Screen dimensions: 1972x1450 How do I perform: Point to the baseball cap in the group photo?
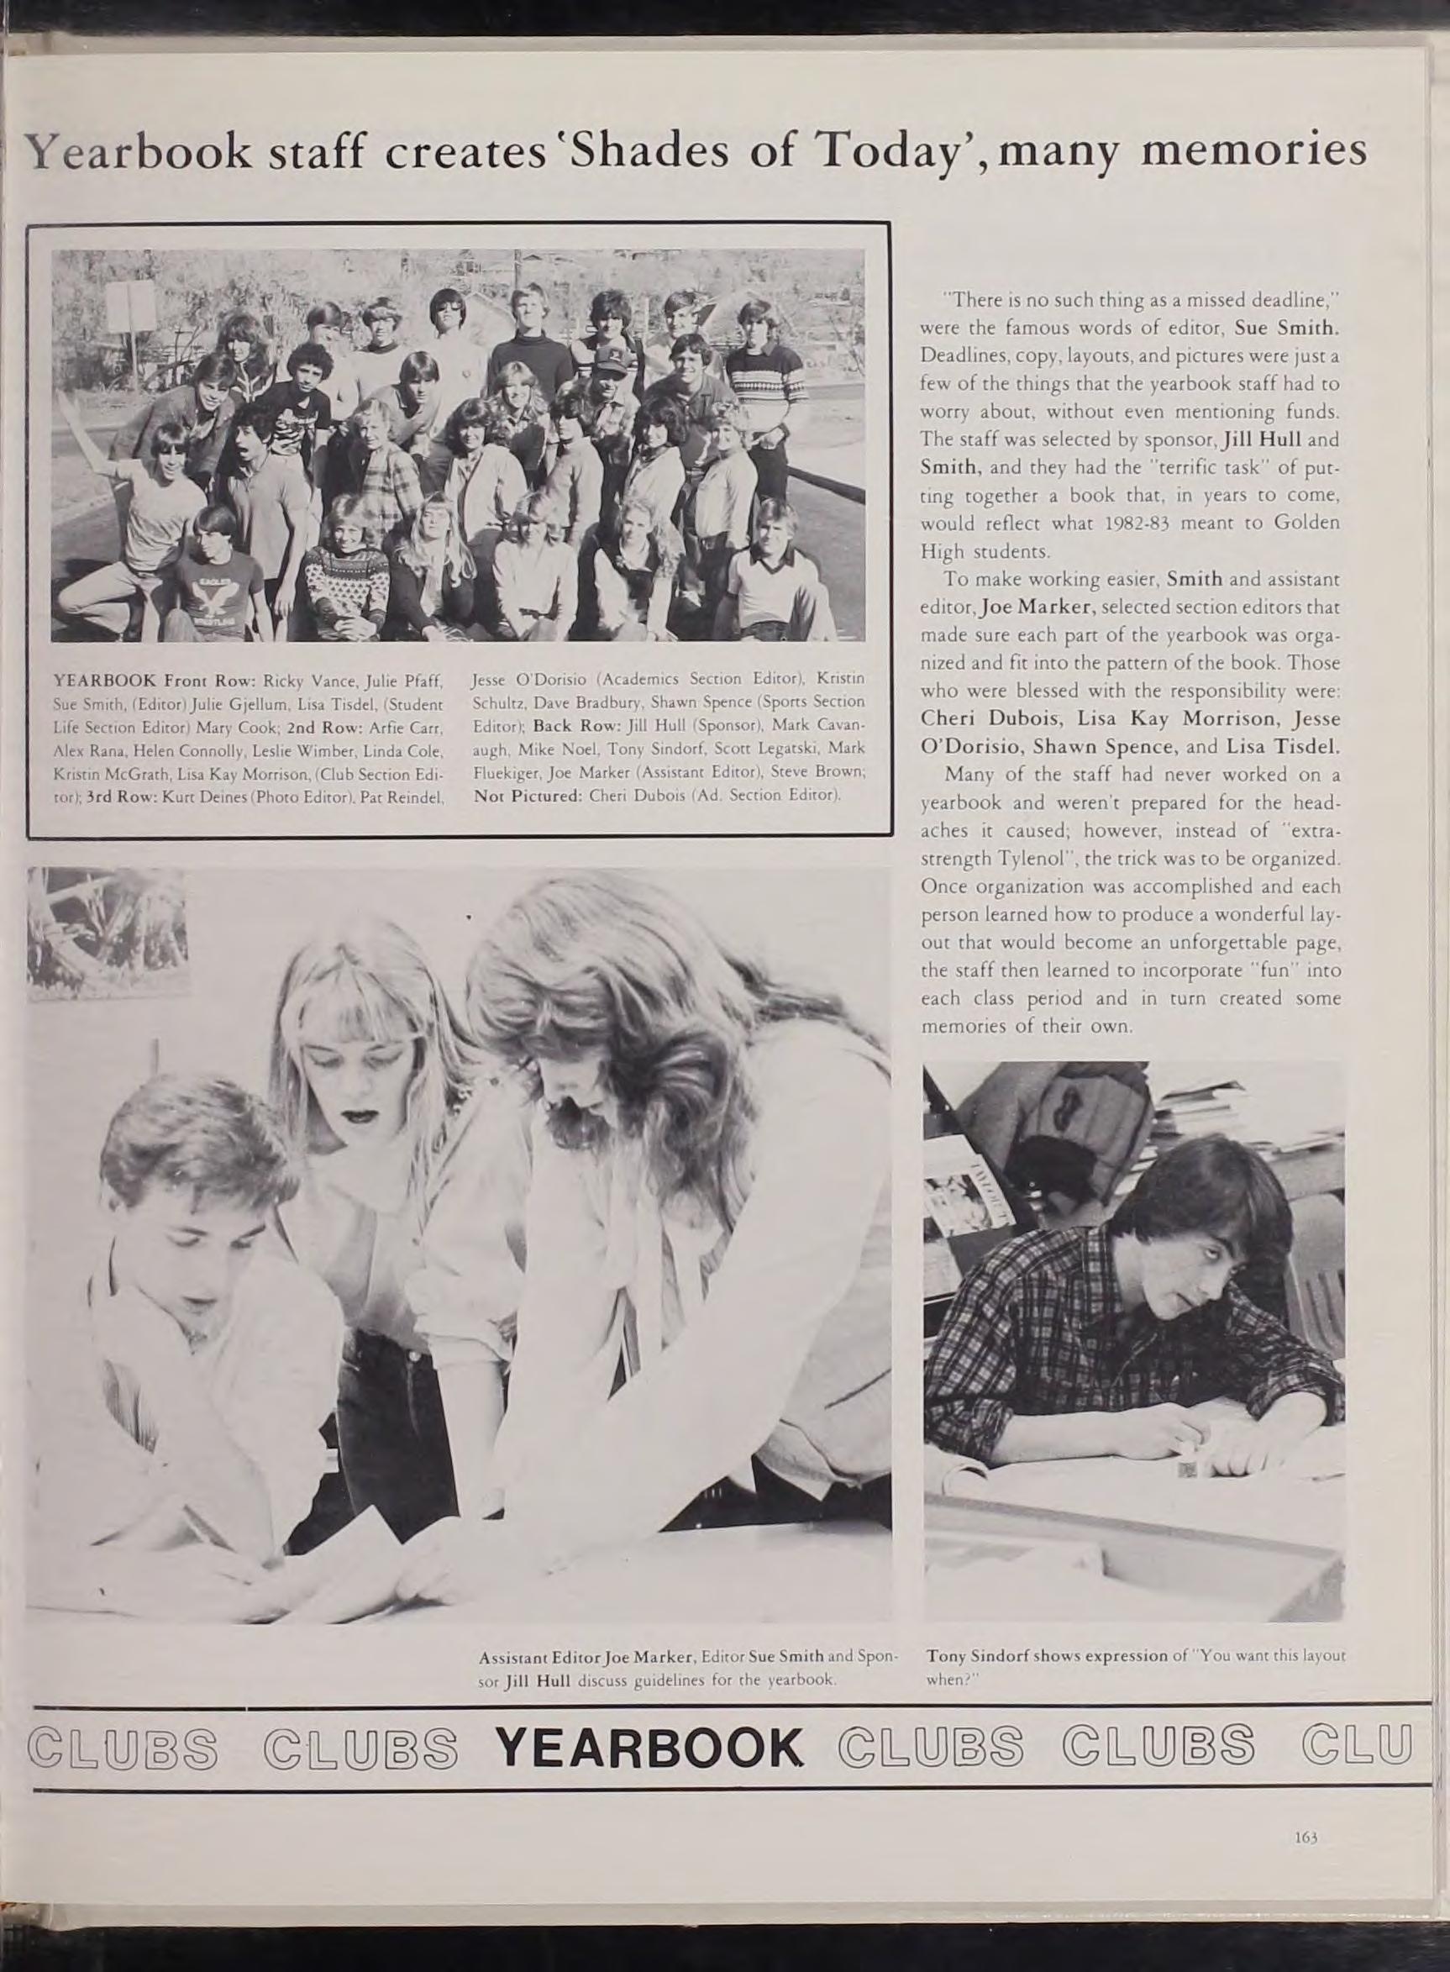(605, 358)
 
